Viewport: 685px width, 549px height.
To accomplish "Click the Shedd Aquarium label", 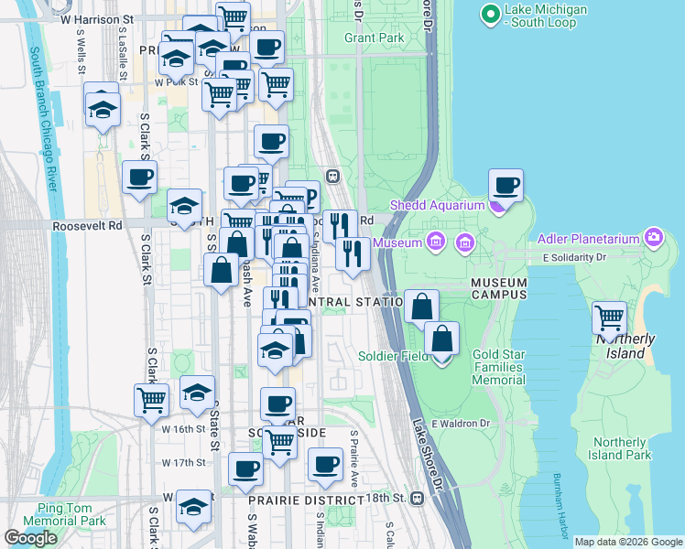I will [437, 205].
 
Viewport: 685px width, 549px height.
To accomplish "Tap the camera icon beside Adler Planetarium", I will [653, 239].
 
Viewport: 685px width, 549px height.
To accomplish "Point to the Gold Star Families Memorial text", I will [499, 367].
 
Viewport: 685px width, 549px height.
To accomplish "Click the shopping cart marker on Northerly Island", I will [610, 319].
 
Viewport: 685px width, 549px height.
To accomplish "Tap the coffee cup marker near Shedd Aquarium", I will [506, 187].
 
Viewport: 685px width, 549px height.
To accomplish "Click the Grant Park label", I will [374, 38].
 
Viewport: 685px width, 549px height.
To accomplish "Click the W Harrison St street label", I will [96, 17].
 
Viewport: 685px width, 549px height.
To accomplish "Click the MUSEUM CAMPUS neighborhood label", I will [499, 288].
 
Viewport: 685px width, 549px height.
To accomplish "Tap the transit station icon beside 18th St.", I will [418, 498].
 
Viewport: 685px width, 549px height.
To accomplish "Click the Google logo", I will [30, 538].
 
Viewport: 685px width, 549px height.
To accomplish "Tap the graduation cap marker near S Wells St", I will [103, 109].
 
